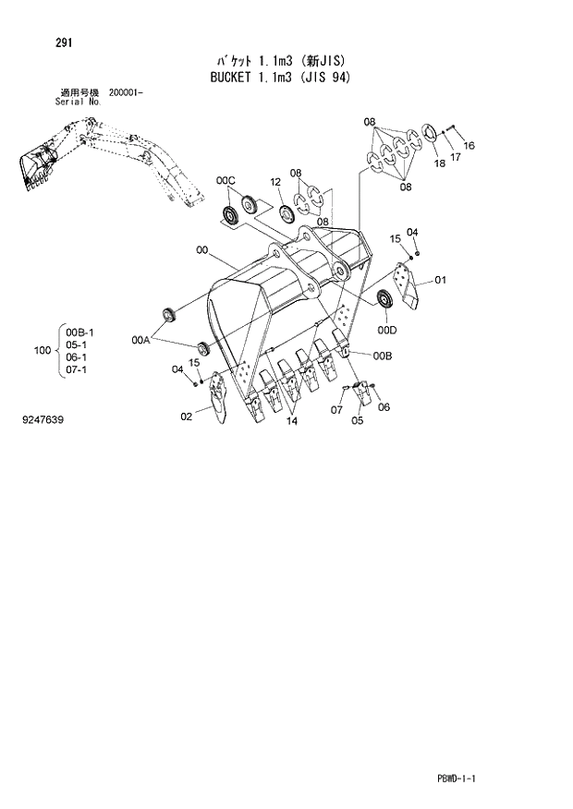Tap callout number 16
pos(469,145)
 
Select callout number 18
pos(438,163)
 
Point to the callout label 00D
pos(387,330)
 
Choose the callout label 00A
pos(140,341)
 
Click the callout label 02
pos(186,417)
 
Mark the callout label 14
pos(291,421)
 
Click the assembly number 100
pos(41,351)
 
